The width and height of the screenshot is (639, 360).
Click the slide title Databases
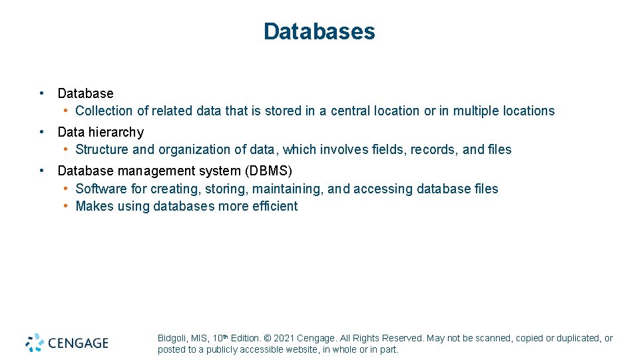click(x=319, y=31)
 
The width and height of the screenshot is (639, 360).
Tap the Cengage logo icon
click(x=35, y=343)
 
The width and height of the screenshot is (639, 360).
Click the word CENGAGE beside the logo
click(x=78, y=343)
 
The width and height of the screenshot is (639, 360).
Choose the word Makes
click(x=94, y=206)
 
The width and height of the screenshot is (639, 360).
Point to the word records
click(x=434, y=149)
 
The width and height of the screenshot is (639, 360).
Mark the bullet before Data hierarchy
click(x=42, y=132)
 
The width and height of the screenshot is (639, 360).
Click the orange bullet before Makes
click(x=67, y=206)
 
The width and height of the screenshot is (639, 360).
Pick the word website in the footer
click(x=303, y=349)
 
